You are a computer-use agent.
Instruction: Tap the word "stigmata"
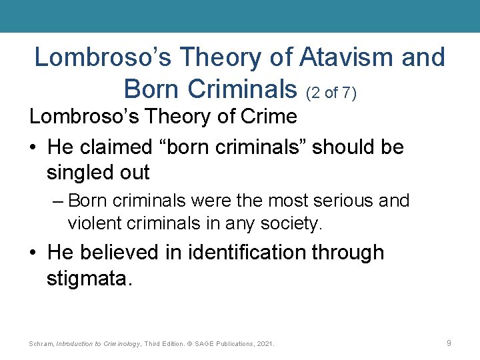pyautogui.click(x=89, y=278)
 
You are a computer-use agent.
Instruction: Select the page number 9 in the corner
pyautogui.click(x=449, y=343)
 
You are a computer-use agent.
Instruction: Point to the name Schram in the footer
pyautogui.click(x=41, y=343)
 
